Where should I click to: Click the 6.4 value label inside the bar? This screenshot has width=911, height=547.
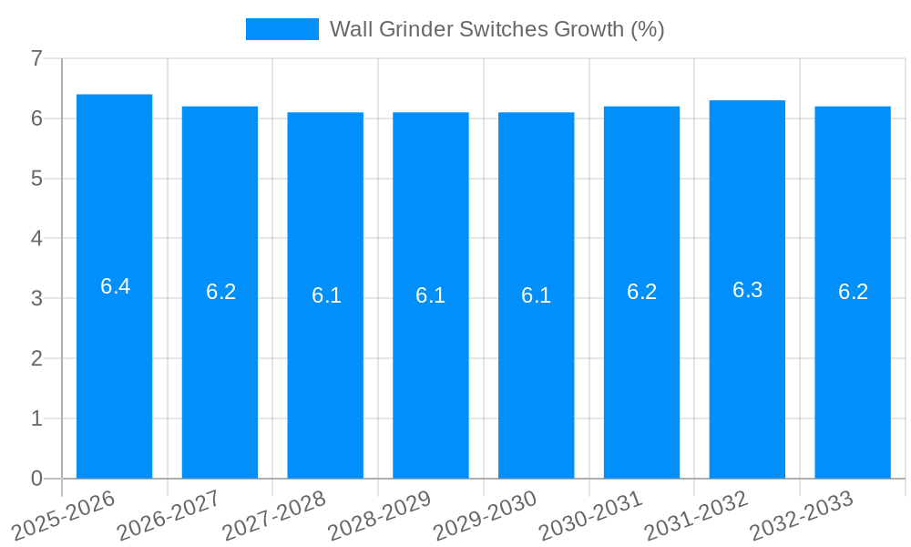pyautogui.click(x=115, y=286)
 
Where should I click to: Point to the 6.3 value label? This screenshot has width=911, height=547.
pyautogui.click(x=747, y=290)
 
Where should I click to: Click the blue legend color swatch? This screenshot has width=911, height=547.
pyautogui.click(x=281, y=29)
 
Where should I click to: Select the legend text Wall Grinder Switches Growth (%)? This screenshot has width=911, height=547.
pyautogui.click(x=496, y=29)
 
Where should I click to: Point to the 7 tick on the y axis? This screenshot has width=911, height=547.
pyautogui.click(x=36, y=58)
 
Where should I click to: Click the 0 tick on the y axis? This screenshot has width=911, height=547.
pyautogui.click(x=36, y=479)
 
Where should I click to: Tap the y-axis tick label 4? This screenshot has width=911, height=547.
pyautogui.click(x=36, y=239)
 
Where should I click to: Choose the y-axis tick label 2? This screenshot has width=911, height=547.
pyautogui.click(x=36, y=358)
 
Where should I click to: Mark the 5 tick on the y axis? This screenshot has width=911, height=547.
pyautogui.click(x=36, y=179)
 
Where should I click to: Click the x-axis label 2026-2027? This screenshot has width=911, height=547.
pyautogui.click(x=169, y=515)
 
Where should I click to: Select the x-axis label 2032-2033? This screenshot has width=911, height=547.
pyautogui.click(x=802, y=515)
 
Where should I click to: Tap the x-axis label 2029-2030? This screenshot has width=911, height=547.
pyautogui.click(x=486, y=515)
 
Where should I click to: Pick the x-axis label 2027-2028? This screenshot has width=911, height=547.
pyautogui.click(x=274, y=515)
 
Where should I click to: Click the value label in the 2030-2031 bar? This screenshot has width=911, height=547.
pyautogui.click(x=641, y=292)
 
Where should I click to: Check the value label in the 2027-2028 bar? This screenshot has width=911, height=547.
pyautogui.click(x=326, y=295)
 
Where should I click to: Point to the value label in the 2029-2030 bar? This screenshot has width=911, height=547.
pyautogui.click(x=536, y=295)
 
